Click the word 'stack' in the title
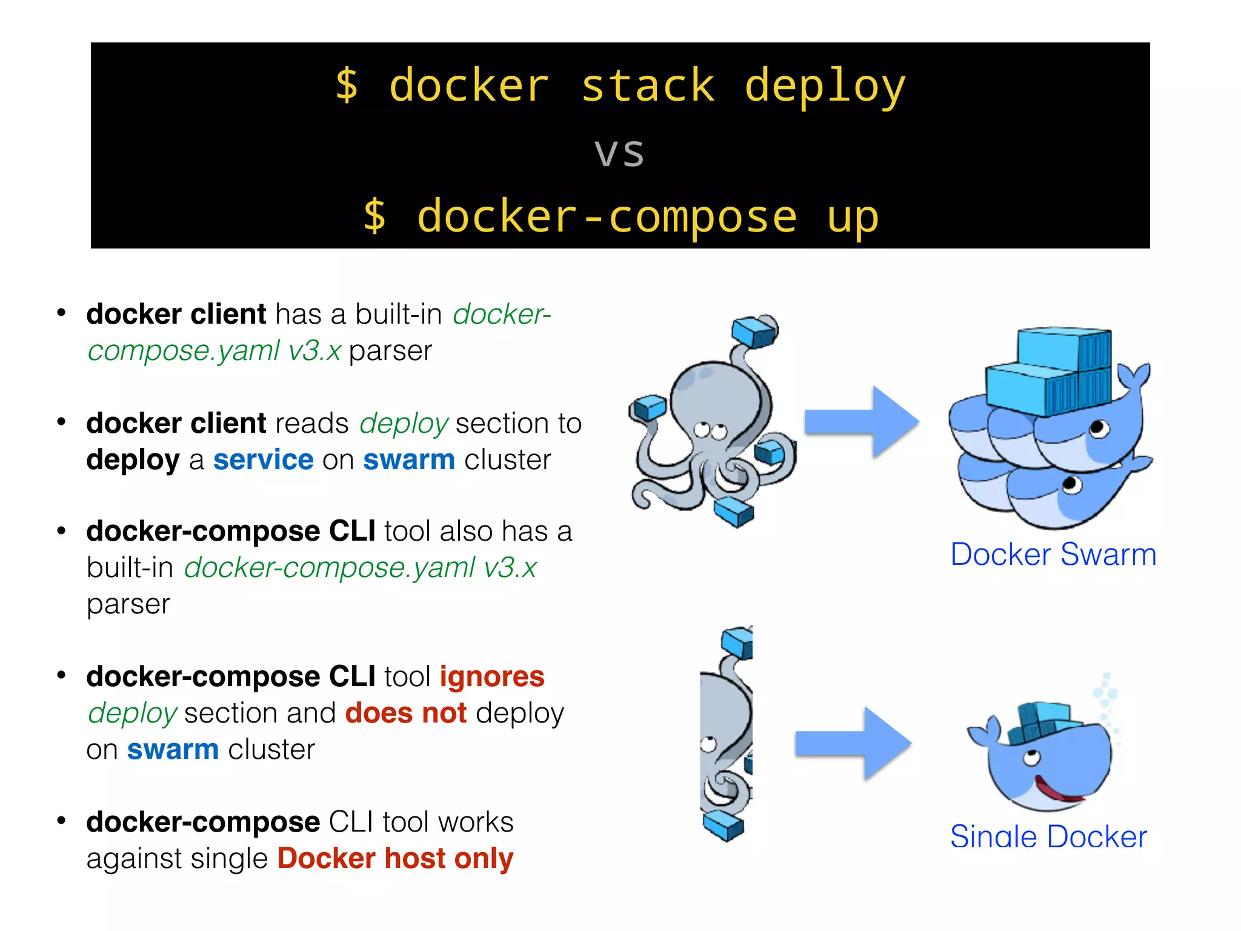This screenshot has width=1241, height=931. click(x=648, y=86)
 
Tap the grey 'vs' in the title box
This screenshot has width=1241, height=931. click(x=619, y=152)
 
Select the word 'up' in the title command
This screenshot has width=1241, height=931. click(x=853, y=217)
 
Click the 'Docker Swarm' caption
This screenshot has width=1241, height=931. click(x=1053, y=554)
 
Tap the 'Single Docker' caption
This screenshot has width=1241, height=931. click(x=1048, y=836)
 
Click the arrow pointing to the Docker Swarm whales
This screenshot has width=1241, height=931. click(x=862, y=422)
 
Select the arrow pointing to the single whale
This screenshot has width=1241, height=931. click(x=853, y=743)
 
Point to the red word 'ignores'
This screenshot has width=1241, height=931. click(x=492, y=676)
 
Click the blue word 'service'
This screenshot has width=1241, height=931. click(x=264, y=459)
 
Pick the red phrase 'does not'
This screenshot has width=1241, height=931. click(x=406, y=713)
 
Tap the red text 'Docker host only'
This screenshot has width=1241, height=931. click(x=396, y=858)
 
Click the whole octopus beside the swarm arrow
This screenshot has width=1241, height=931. click(x=712, y=424)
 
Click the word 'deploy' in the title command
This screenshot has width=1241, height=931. click(x=825, y=86)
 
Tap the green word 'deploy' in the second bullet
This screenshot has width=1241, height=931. click(x=404, y=423)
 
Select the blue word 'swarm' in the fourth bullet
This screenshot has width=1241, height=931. click(x=173, y=749)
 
